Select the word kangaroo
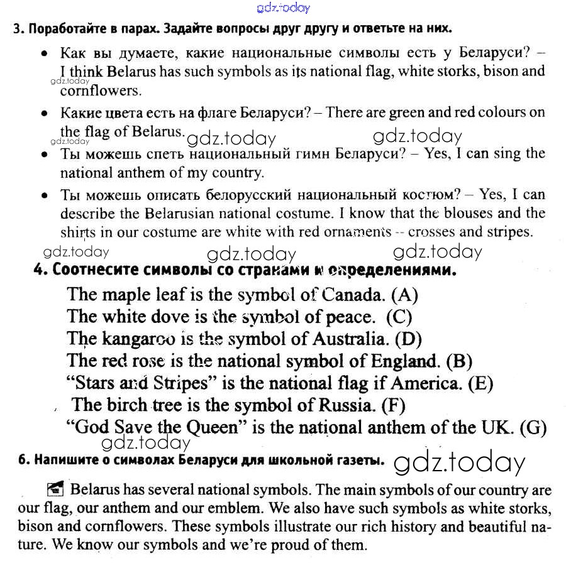[136, 339]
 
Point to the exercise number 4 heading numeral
[38, 271]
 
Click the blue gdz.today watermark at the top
[284, 8]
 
